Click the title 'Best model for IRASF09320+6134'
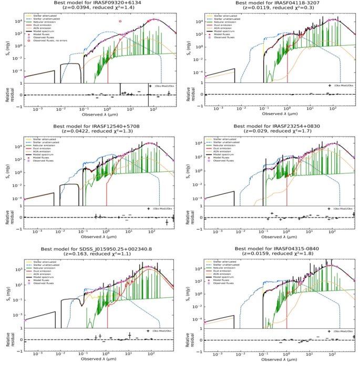pyautogui.click(x=97, y=3)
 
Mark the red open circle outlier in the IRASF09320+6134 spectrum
pyautogui.click(x=120, y=22)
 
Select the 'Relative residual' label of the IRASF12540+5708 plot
pyautogui.click(x=7, y=217)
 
